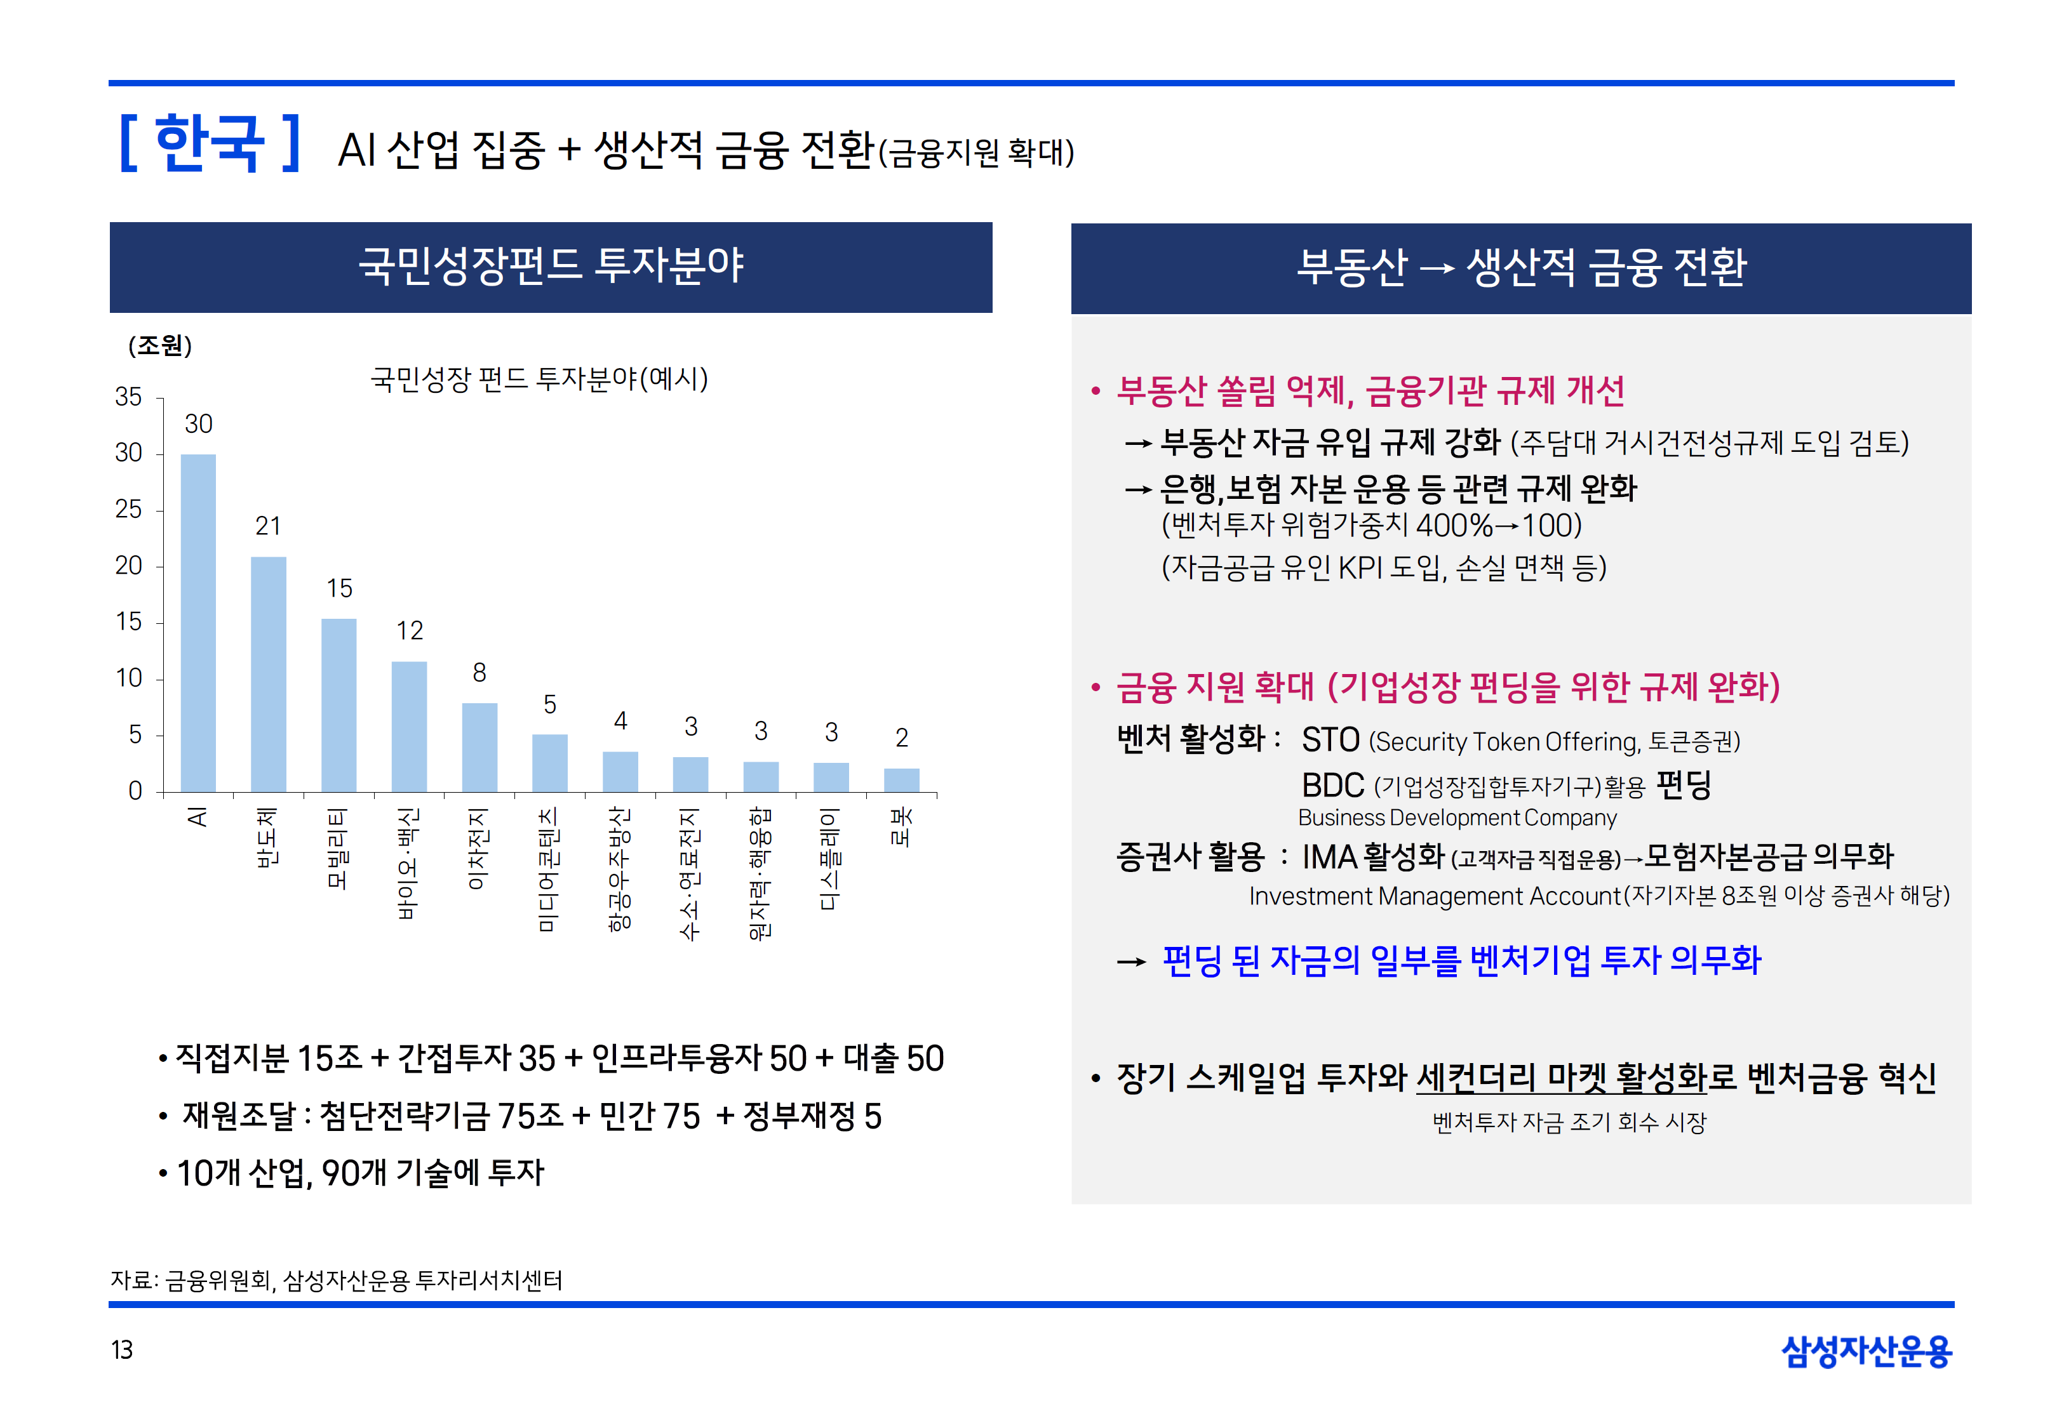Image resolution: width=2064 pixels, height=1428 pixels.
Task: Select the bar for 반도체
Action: [269, 674]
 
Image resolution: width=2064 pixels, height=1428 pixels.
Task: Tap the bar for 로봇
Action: [901, 779]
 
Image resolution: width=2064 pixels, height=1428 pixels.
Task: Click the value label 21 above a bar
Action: [269, 526]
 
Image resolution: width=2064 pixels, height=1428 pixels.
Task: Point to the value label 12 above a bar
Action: [410, 631]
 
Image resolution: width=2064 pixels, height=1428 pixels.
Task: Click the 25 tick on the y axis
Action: [129, 509]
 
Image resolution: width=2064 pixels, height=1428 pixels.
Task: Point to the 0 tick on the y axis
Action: [135, 791]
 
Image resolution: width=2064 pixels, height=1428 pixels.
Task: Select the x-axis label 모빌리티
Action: [337, 847]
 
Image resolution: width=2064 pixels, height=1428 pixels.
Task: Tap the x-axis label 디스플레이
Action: [831, 858]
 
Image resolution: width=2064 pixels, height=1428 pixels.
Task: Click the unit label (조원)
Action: [160, 345]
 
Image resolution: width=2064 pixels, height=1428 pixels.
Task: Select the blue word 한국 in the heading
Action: [210, 143]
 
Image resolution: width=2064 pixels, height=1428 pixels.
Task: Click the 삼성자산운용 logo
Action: [1866, 1351]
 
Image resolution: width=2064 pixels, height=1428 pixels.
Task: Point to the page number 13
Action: [122, 1349]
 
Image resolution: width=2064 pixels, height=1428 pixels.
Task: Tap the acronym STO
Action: [1330, 740]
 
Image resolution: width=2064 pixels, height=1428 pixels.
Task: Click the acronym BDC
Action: [1333, 786]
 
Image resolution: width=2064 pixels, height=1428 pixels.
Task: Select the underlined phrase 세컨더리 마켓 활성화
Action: [1562, 1077]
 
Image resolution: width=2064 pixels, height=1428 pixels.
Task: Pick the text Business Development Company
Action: [1457, 818]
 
